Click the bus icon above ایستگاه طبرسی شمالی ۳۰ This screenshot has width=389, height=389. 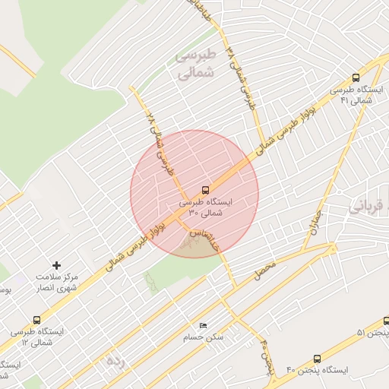tap(206, 190)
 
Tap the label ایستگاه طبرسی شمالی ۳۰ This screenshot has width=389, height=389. tap(206, 208)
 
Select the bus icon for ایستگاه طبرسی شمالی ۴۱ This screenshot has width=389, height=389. tap(356, 77)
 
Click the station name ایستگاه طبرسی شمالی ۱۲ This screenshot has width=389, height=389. tap(36, 337)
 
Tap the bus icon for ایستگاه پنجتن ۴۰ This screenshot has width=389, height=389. tap(317, 358)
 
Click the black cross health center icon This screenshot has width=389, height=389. tap(56, 265)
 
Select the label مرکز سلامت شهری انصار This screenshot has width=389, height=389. tap(59, 284)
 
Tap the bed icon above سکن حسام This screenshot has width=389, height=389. tap(201, 325)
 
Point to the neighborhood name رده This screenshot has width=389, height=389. tap(115, 359)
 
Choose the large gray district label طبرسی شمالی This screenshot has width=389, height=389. tap(196, 64)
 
